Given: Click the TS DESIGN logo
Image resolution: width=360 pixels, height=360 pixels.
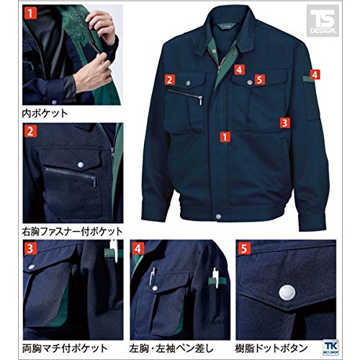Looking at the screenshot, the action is click(x=323, y=21).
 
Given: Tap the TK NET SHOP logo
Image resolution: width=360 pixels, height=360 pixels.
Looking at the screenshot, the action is click(x=331, y=347).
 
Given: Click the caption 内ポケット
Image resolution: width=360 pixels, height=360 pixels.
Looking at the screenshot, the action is click(x=45, y=114).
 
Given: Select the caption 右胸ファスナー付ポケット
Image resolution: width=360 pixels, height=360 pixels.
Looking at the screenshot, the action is click(x=72, y=232).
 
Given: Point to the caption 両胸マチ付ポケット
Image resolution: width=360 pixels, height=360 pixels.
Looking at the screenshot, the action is click(x=65, y=348).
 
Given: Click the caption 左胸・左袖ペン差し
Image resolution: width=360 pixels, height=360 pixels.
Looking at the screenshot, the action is click(x=171, y=348).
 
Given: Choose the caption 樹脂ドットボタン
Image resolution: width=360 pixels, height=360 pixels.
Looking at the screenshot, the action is click(x=271, y=348).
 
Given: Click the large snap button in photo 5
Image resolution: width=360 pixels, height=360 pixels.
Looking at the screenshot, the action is click(x=287, y=293).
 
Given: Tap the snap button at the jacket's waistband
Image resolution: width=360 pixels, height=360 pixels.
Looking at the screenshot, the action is click(x=218, y=216).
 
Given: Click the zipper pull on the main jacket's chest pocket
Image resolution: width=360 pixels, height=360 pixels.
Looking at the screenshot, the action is click(x=200, y=100).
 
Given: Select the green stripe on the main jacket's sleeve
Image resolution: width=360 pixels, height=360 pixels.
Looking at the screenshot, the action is click(x=308, y=79).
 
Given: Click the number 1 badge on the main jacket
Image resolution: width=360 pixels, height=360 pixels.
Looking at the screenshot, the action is click(x=225, y=137).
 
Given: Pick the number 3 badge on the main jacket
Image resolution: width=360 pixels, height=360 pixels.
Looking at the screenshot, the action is click(x=284, y=123).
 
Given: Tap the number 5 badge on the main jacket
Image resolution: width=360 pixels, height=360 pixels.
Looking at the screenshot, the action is click(x=259, y=79).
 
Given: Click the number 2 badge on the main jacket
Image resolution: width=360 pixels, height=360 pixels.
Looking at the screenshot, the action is click(x=170, y=80).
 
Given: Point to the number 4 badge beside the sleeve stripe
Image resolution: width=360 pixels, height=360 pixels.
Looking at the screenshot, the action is click(x=315, y=75).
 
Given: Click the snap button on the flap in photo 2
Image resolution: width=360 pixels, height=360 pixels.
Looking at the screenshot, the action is click(x=81, y=165).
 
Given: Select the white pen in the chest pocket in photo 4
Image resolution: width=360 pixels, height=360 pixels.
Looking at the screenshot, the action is click(x=152, y=276).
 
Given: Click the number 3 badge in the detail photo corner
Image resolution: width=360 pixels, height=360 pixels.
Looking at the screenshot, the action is click(x=30, y=248).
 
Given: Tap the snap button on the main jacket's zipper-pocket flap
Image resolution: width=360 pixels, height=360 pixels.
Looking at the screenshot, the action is click(x=188, y=83).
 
